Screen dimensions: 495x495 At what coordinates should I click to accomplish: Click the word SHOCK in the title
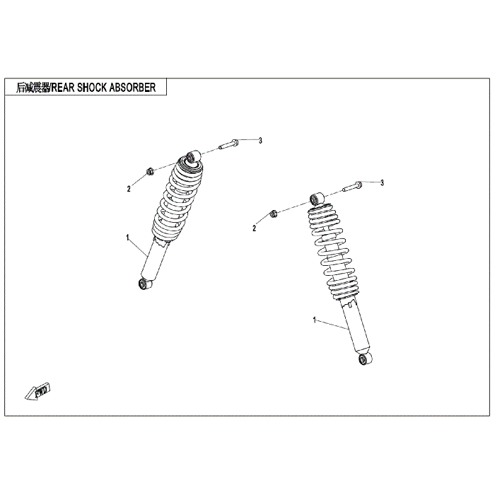click(x=92, y=88)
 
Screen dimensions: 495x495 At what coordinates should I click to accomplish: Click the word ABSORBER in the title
click(x=133, y=88)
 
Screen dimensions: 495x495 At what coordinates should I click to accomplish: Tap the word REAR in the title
click(x=63, y=88)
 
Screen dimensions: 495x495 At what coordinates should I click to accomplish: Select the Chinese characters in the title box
click(x=33, y=88)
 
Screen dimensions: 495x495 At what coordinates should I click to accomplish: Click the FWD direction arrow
click(x=38, y=392)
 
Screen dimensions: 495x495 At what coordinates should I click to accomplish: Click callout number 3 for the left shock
click(x=260, y=141)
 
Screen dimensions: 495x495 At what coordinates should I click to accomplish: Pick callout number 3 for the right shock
click(x=382, y=182)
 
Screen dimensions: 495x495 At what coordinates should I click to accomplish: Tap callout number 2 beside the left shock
click(x=129, y=189)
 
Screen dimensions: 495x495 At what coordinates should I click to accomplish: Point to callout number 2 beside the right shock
click(x=255, y=228)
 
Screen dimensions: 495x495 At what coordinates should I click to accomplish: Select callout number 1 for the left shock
click(x=127, y=238)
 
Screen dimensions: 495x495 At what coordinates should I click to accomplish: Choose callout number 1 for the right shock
click(x=315, y=320)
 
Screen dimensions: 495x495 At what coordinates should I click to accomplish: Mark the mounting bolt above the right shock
click(x=353, y=186)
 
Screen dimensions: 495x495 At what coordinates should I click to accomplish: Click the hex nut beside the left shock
click(x=150, y=172)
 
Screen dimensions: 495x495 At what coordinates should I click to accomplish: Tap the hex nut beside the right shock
click(x=274, y=214)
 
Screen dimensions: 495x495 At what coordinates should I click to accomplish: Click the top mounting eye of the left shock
click(x=193, y=157)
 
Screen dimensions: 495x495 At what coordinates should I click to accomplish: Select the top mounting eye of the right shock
click(x=317, y=199)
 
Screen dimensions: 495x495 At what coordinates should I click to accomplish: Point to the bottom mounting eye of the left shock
click(x=145, y=283)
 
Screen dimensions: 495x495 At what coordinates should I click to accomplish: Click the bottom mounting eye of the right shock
click(x=366, y=359)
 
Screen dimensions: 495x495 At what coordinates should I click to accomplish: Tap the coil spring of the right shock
click(x=332, y=252)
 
